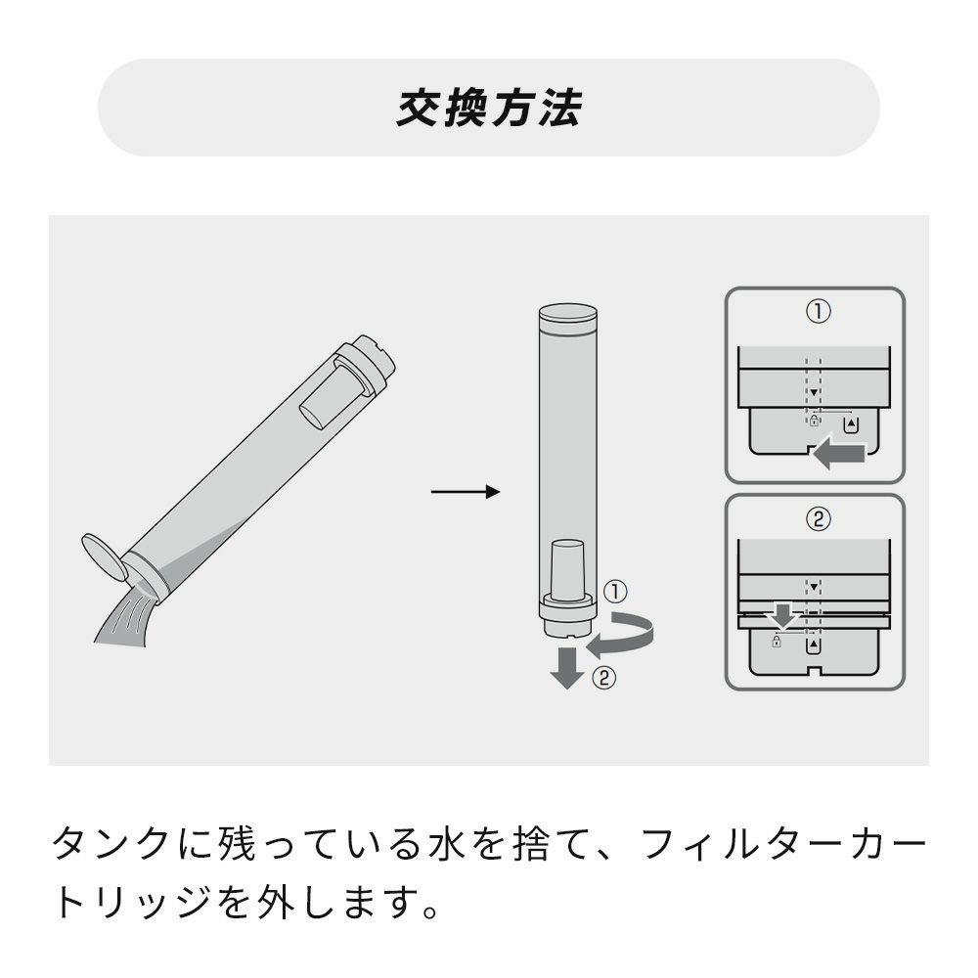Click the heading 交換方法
pos(489,108)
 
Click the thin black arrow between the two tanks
pos(466,492)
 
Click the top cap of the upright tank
pos(567,317)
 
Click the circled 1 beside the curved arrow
pos(615,592)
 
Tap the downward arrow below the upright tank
pos(567,667)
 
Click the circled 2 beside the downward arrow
pos(603,678)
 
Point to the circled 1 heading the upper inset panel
pos(819,311)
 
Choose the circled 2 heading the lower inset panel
pos(819,518)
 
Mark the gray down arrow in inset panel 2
pos(783,615)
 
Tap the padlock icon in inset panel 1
pos(814,421)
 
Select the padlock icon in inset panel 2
pos(776,641)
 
